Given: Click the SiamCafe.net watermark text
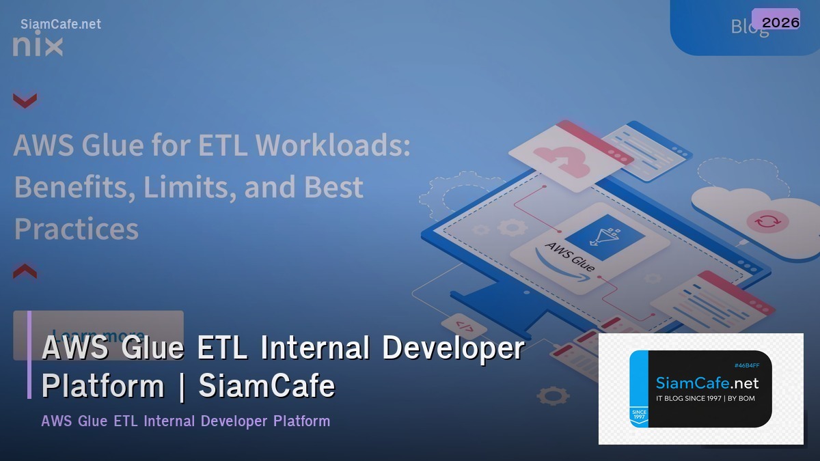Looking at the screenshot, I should tap(60, 24).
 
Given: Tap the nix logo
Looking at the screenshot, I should tap(38, 46).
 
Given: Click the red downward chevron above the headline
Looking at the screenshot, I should tap(25, 101).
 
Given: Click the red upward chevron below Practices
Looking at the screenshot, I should tap(25, 270).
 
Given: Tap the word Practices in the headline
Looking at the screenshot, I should tap(77, 228).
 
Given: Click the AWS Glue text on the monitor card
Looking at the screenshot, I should tap(569, 256).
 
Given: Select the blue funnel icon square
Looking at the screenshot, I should tap(604, 236).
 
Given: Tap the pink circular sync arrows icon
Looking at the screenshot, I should tap(767, 221).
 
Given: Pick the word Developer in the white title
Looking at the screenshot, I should tap(452, 348).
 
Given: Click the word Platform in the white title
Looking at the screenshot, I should tap(103, 386).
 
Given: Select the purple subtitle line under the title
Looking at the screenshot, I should tap(185, 421).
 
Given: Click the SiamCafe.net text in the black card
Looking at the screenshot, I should tap(707, 382).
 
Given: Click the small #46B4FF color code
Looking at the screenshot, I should tap(746, 365).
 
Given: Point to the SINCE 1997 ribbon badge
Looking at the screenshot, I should tap(639, 416).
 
